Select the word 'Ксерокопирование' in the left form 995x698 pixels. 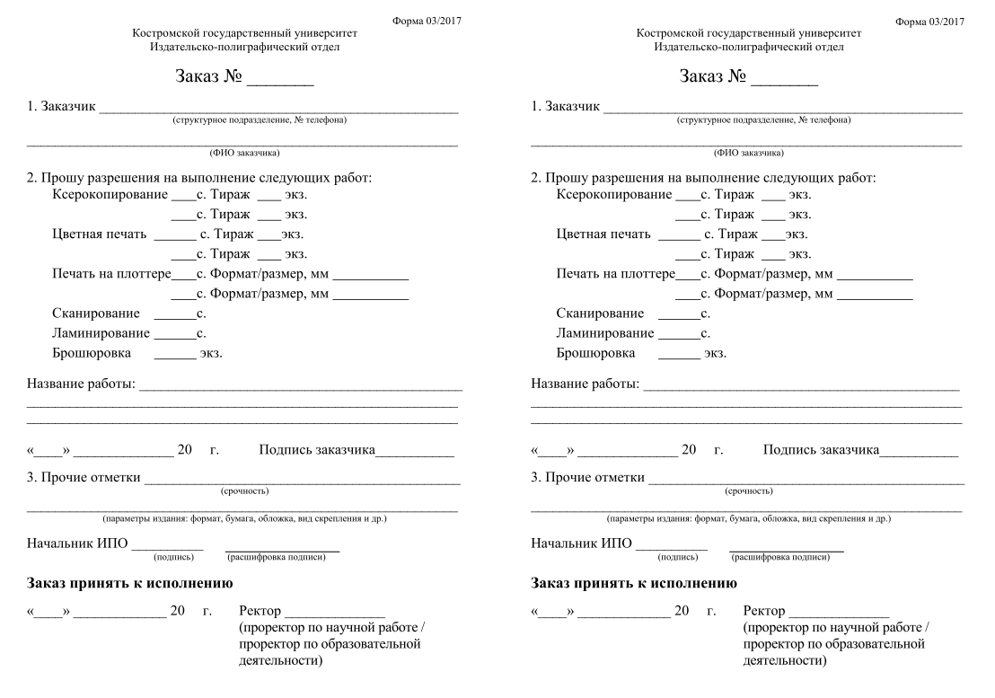point(110,195)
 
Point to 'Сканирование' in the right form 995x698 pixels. point(600,314)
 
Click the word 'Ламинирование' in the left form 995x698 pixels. point(101,333)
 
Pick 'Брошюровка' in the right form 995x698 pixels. point(595,353)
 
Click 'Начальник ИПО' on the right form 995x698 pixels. point(581,543)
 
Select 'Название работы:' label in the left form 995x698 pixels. point(82,384)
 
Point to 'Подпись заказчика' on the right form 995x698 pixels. point(821,449)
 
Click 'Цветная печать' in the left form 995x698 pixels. point(99,234)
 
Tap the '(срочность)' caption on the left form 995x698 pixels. point(244,490)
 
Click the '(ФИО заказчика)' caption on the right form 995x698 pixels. point(748,153)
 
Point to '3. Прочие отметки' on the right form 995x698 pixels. point(588,477)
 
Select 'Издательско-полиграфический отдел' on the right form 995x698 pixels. point(749,47)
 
